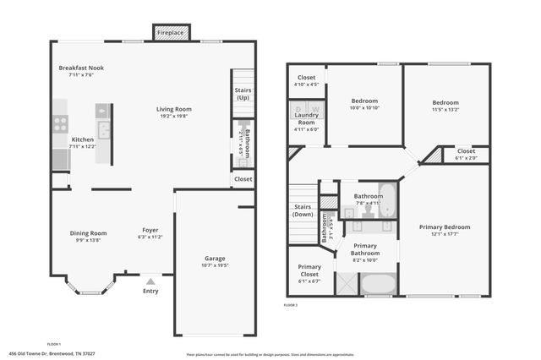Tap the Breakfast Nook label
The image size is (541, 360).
(81, 68)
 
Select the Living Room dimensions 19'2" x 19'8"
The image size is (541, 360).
(173, 117)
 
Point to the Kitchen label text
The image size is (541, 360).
(82, 139)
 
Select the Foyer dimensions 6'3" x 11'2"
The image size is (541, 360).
(150, 237)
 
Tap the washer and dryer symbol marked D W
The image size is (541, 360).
(305, 109)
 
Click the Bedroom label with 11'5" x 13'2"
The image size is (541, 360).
(445, 102)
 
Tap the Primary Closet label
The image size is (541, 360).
(309, 270)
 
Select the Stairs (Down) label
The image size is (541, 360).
(302, 210)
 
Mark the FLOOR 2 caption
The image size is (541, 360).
(291, 304)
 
